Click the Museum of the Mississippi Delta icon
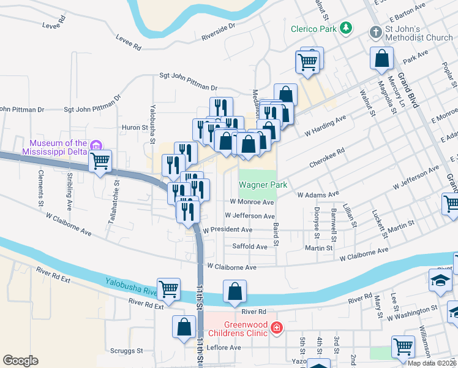pyautogui.click(x=96, y=145)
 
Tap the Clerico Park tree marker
pyautogui.click(x=346, y=28)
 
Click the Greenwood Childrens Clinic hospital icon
pyautogui.click(x=277, y=328)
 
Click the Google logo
pyautogui.click(x=20, y=361)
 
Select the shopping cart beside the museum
pyautogui.click(x=100, y=162)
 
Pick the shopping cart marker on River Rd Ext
pyautogui.click(x=168, y=288)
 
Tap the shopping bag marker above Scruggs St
pyautogui.click(x=184, y=327)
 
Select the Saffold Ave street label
pyautogui.click(x=249, y=247)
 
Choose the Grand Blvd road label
pyautogui.click(x=407, y=90)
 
